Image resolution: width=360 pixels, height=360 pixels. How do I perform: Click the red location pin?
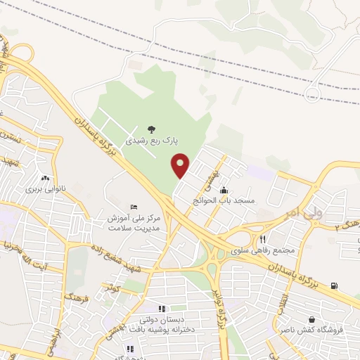[x=181, y=165]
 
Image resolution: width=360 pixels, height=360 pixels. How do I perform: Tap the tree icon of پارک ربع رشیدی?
[x=151, y=129]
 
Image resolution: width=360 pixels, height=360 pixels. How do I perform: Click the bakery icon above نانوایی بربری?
[x=46, y=178]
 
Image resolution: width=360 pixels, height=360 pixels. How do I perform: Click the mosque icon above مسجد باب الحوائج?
[x=224, y=190]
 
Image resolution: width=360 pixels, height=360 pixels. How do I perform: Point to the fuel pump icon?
[x=333, y=285]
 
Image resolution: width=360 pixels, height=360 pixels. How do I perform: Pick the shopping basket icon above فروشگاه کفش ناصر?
[x=311, y=319]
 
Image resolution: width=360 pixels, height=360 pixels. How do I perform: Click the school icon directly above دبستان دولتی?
[x=162, y=308]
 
